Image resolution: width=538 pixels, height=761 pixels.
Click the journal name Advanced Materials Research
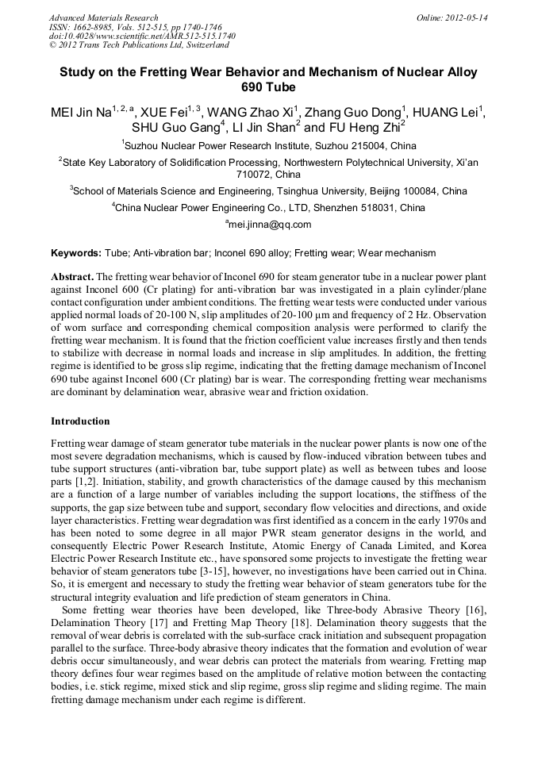pyautogui.click(x=103, y=17)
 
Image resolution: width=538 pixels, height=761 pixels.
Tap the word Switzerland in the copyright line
pyautogui.click(x=202, y=45)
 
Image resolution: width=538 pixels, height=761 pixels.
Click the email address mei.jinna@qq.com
pyautogui.click(x=271, y=225)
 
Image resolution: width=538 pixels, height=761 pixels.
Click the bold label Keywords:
pyautogui.click(x=76, y=253)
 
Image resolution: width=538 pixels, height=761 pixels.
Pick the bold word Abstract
pyautogui.click(x=71, y=277)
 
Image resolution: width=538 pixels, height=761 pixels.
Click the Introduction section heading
pyautogui.click(x=80, y=421)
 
